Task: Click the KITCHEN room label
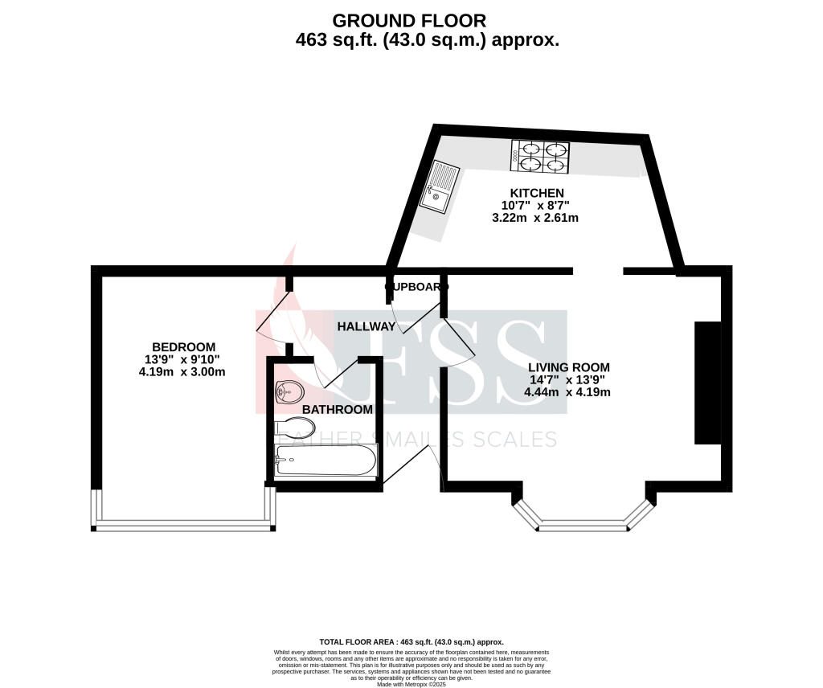tap(537, 193)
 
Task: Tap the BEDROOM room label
tap(181, 346)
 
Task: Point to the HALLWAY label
tap(366, 326)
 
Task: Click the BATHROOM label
tap(338, 410)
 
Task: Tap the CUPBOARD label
tap(416, 286)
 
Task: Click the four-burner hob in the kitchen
tap(539, 156)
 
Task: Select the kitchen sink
tap(442, 185)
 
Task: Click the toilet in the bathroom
tap(289, 425)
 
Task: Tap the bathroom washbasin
tap(288, 392)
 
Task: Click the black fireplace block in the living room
tap(706, 383)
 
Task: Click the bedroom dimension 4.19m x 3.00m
tap(182, 371)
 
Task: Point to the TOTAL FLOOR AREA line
tap(411, 642)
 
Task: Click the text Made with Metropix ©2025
tap(411, 683)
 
